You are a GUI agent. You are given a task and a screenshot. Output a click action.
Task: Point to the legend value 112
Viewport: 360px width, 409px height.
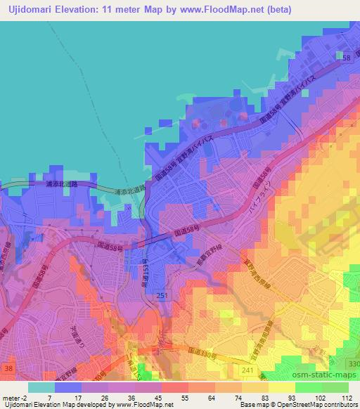click(347, 397)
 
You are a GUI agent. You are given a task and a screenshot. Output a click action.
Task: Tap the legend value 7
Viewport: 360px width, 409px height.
click(49, 397)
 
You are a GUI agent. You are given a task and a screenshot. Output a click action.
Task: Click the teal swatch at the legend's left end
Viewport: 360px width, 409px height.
click(41, 387)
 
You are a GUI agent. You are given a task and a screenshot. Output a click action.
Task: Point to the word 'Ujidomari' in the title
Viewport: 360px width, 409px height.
click(30, 9)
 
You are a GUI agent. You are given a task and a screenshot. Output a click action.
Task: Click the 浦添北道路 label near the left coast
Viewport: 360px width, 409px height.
click(60, 185)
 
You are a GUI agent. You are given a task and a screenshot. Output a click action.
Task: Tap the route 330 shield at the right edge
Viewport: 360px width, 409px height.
click(353, 362)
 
